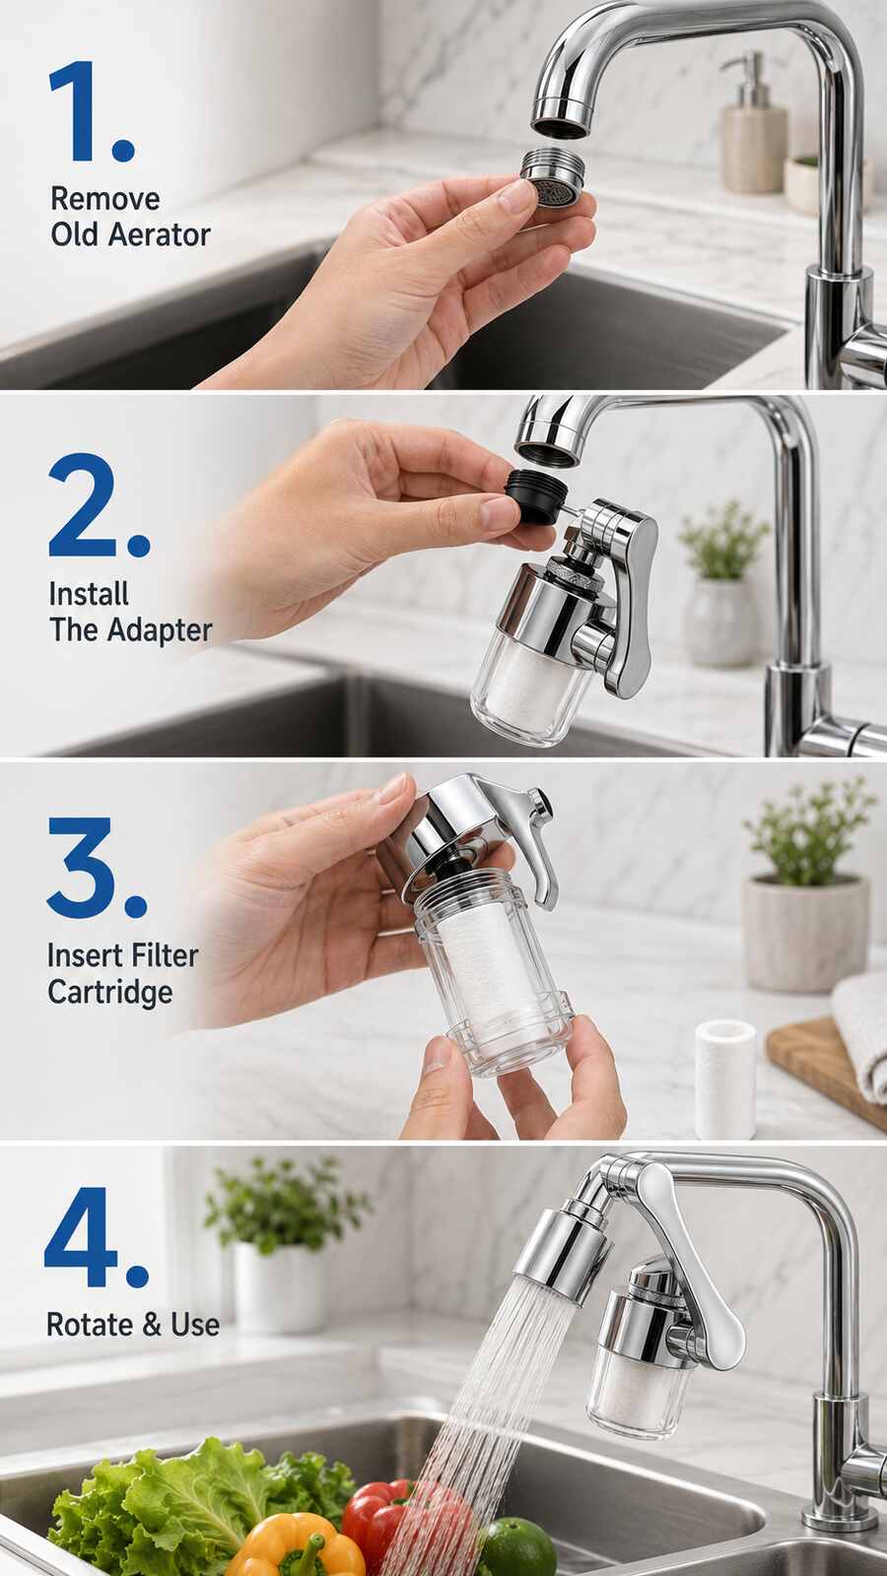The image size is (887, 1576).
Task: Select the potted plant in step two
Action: (722, 583)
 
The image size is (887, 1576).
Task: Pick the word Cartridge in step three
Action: (109, 993)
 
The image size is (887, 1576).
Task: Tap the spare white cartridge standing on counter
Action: (725, 1079)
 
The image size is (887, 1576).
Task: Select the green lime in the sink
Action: (517, 1545)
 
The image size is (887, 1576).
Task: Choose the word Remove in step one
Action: (104, 199)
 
